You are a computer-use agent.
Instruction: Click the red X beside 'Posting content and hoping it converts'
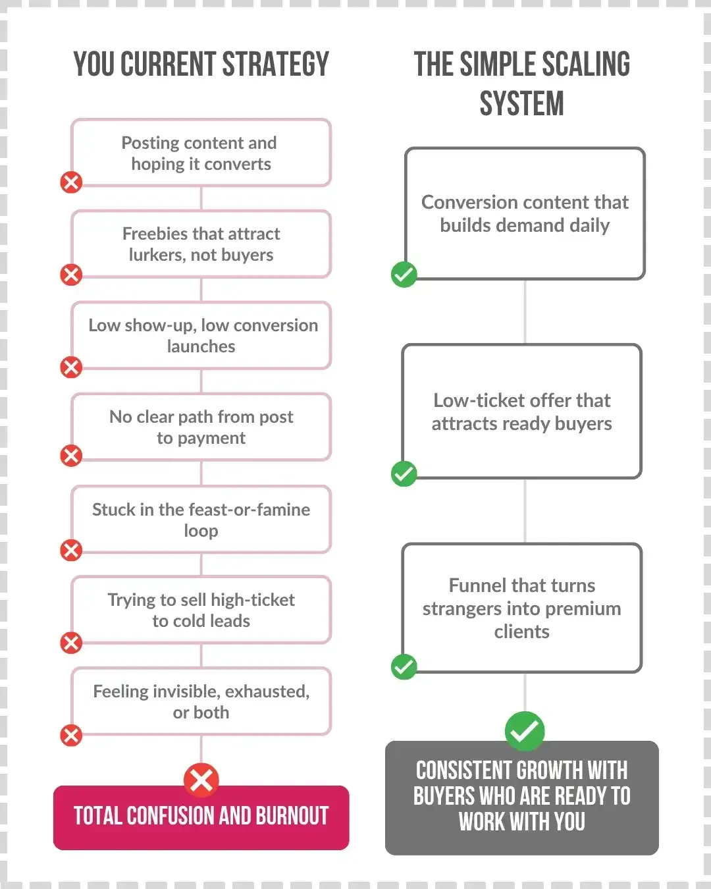(71, 182)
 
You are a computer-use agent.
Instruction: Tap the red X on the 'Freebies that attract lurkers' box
(71, 275)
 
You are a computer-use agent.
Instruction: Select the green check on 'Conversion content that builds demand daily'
(404, 275)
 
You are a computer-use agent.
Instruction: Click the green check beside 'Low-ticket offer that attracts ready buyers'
(404, 473)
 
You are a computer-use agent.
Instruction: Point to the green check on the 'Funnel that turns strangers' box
(404, 666)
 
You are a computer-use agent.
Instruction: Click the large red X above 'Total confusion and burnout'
(201, 780)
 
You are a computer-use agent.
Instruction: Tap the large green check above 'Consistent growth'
(525, 731)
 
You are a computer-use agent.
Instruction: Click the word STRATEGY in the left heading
(276, 64)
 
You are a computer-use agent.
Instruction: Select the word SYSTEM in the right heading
(522, 103)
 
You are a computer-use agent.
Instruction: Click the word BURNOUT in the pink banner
(292, 816)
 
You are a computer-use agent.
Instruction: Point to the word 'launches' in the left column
(201, 346)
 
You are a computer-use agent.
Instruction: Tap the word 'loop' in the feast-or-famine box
(201, 531)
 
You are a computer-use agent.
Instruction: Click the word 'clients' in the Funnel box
(522, 632)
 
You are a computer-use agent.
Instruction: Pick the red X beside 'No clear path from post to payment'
(71, 456)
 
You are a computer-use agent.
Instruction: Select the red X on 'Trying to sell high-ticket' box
(71, 643)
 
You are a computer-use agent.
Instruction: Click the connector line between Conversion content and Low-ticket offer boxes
(525, 312)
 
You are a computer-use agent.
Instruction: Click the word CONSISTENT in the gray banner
(463, 770)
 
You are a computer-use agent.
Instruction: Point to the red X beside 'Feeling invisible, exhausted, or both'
(71, 736)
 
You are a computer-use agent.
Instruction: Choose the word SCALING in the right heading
(586, 64)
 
